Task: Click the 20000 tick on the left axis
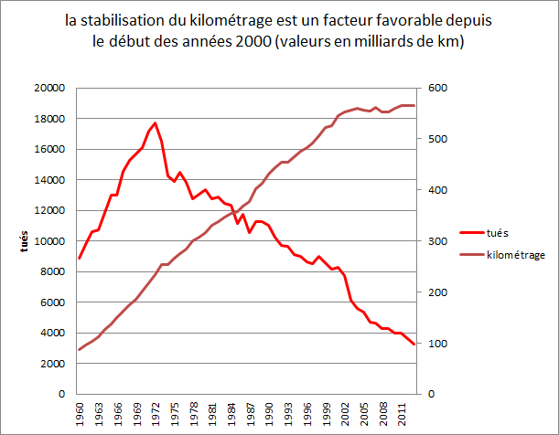coord(49,88)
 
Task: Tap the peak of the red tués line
coord(155,122)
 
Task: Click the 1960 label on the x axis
coord(81,414)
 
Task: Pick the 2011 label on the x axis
coord(402,414)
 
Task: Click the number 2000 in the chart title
coord(249,42)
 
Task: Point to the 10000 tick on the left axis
coord(49,241)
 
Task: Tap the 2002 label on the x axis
coord(345,414)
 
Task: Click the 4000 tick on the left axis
coord(52,333)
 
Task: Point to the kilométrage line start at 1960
coord(80,349)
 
